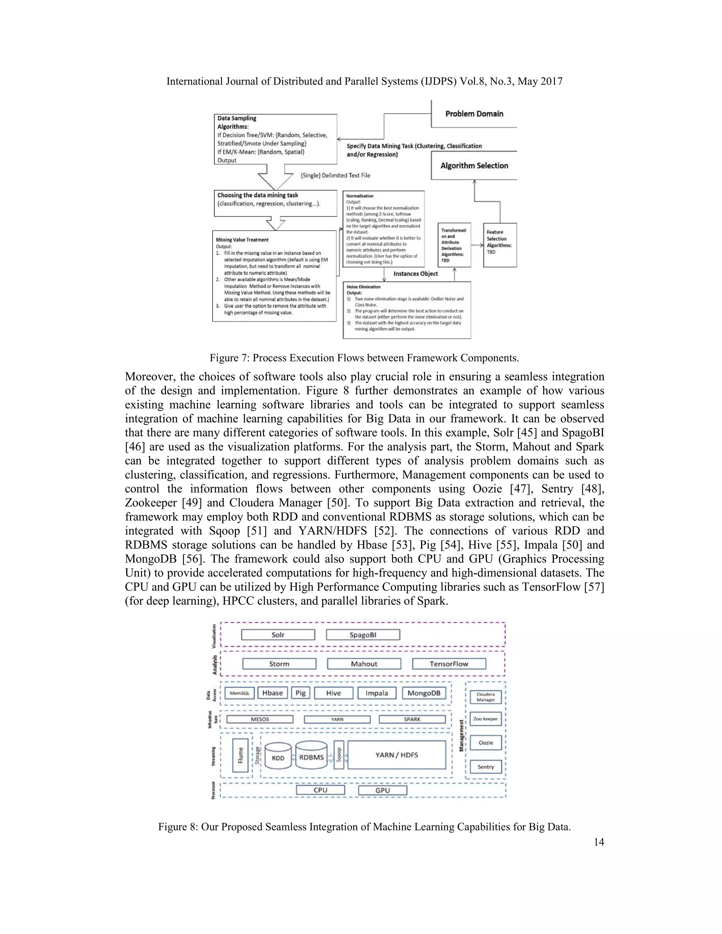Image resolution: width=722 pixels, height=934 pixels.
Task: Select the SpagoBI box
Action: point(363,635)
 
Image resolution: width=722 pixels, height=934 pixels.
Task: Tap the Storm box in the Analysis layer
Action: point(279,664)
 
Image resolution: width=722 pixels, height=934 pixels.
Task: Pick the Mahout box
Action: point(364,664)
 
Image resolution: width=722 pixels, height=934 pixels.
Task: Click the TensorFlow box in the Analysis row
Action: point(449,664)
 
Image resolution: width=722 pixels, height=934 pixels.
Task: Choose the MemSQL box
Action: point(239,693)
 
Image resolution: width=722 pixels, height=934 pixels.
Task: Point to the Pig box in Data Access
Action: point(301,693)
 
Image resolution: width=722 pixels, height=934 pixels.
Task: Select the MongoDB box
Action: point(424,693)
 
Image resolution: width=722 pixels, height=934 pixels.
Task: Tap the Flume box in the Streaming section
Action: point(240,755)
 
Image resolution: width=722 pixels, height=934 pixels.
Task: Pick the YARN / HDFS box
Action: point(397,755)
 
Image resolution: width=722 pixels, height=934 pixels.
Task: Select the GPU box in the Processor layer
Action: point(383,790)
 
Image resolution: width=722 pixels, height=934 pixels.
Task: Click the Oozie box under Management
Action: point(485,743)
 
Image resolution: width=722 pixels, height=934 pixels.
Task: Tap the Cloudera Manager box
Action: point(485,697)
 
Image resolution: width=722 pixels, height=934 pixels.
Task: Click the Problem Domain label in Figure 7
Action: point(475,114)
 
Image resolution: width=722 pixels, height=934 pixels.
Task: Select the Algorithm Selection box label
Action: point(475,166)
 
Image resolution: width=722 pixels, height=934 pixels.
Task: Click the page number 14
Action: point(599,842)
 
